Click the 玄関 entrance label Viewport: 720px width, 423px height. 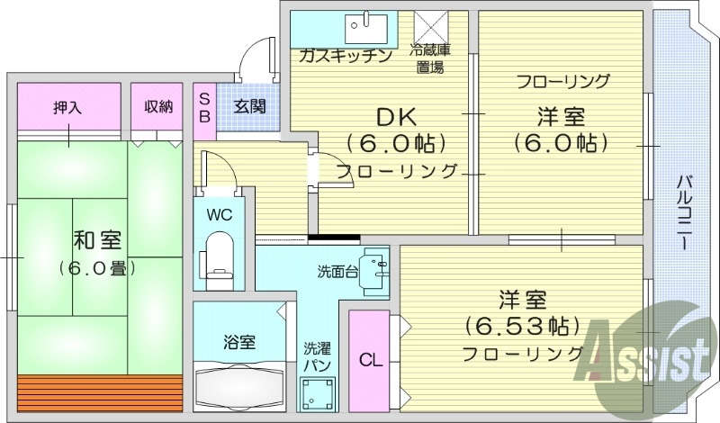[249, 107]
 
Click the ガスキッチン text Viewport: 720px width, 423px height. [346, 57]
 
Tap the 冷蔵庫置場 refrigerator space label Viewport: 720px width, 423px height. [428, 58]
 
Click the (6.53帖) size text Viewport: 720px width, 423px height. [521, 325]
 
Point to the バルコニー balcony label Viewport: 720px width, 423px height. [683, 213]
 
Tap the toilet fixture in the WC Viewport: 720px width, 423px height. [219, 254]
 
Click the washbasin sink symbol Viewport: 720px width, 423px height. [373, 270]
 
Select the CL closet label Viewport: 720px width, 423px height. [370, 361]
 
